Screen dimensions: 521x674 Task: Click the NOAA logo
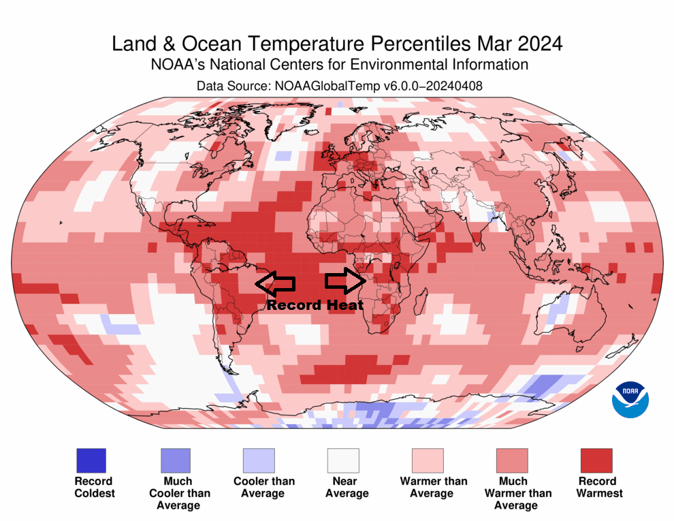pos(630,400)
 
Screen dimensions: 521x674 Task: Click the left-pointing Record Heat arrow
pos(275,282)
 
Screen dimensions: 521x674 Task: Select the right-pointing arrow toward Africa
pos(346,281)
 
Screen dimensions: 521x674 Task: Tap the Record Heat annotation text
pos(315,305)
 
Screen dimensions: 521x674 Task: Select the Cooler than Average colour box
pos(259,461)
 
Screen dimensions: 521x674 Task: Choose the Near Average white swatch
pos(342,461)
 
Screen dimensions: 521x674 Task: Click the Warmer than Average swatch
pos(427,461)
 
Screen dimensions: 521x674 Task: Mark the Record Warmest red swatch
pos(596,461)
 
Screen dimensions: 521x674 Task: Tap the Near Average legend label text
pos(347,487)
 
